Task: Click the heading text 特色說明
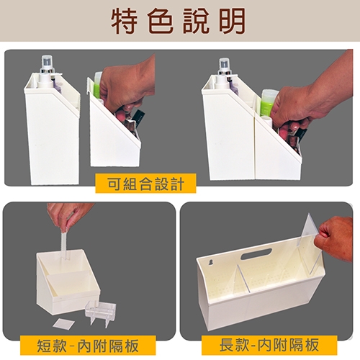point(179,21)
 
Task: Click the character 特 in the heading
point(125,21)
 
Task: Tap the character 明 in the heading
point(233,21)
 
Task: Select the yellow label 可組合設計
point(145,184)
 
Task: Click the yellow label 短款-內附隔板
point(88,346)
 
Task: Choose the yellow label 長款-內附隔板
point(269,345)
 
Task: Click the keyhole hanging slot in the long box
point(211,263)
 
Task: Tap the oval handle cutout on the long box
point(256,255)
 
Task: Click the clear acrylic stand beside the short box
point(101,312)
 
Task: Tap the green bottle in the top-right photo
point(266,103)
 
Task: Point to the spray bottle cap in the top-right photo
point(225,66)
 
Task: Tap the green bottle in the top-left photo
point(99,84)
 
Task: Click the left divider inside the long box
point(243,279)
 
